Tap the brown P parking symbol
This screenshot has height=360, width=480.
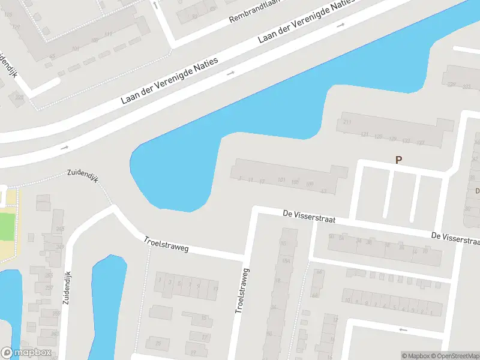397,160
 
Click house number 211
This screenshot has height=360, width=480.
347,122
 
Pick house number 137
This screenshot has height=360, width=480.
421,142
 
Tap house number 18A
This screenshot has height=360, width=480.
286,261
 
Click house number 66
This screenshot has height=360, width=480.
318,272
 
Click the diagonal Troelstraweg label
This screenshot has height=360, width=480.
166,244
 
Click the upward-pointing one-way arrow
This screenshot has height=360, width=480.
156,5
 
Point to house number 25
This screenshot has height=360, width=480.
158,343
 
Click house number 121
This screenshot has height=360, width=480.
364,134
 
